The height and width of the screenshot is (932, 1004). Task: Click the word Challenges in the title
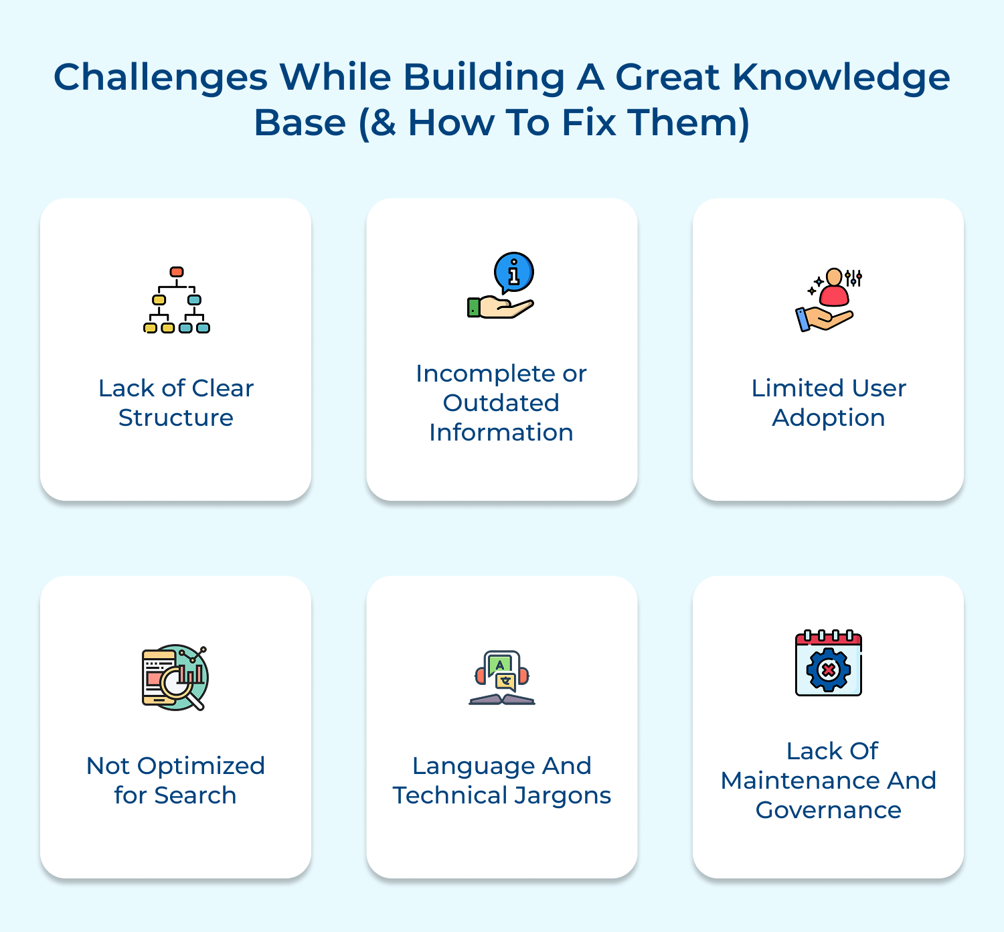coord(161,78)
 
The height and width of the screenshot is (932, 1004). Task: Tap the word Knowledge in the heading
coord(841,78)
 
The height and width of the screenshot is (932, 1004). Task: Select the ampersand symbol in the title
coord(382,123)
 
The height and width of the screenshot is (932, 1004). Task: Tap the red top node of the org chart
coord(177,272)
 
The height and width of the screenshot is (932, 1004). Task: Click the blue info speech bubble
coord(513,273)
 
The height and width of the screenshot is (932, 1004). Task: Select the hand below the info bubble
coord(501,307)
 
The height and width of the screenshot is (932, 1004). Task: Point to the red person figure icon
coord(834,287)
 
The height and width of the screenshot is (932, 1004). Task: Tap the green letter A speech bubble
coord(499,664)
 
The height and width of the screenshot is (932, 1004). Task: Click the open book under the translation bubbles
coord(502,700)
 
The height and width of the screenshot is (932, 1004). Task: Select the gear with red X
coord(829,669)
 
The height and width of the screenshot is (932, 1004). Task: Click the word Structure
coord(176,418)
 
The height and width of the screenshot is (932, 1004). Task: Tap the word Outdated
coord(501,403)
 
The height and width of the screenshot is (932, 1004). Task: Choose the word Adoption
coord(829,418)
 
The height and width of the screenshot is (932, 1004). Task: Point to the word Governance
coord(829,810)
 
